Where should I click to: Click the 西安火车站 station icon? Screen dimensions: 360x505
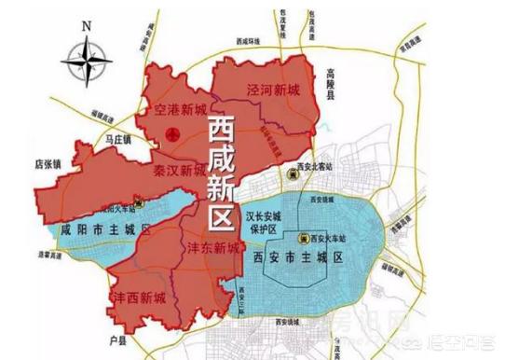tap(303, 238)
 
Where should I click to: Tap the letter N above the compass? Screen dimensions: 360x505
tap(85, 25)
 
